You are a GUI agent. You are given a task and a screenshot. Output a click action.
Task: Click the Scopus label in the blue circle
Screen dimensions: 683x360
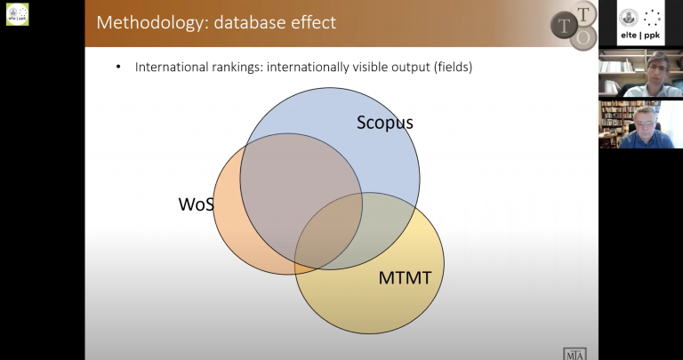point(384,123)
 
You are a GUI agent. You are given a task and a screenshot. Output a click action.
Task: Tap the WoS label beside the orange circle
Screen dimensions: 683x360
point(196,204)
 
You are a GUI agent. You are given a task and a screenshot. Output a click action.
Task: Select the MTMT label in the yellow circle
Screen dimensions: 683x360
point(405,277)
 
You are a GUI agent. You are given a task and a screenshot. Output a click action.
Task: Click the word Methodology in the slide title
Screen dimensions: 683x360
point(153,22)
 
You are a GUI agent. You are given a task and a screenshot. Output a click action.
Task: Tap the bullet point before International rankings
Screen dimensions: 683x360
point(118,67)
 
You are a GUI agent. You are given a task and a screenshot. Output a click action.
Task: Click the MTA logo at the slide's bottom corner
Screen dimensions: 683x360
point(575,354)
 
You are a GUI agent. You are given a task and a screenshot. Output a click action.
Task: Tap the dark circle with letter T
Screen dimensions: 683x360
point(564,26)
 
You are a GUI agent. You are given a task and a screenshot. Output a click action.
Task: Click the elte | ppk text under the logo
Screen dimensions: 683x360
point(640,36)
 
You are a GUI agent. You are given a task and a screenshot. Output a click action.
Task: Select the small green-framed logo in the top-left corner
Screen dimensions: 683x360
point(18,14)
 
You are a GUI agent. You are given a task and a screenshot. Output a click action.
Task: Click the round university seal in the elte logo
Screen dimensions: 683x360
point(629,18)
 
